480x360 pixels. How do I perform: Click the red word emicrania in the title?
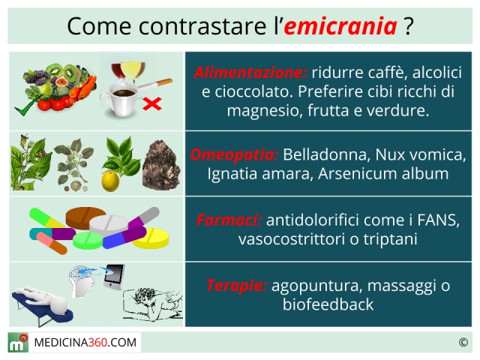coord(340,26)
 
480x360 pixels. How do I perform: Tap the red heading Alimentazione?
coord(250,73)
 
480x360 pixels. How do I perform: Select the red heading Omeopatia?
coord(234,154)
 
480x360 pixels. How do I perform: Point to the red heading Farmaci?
coord(229,220)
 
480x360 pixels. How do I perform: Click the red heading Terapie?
coord(236,286)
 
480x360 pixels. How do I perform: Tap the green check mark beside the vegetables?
coord(27,105)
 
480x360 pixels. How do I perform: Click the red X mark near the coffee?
coord(152,103)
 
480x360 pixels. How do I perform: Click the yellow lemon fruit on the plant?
coord(110,181)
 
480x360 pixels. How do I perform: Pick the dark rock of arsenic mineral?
coord(161,166)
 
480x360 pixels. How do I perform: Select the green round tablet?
coord(88,240)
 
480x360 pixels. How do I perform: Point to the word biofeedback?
coord(328,304)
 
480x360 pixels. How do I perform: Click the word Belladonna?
coord(327,154)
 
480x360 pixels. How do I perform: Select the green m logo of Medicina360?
coord(18,343)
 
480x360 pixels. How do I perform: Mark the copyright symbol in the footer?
coord(463,342)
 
